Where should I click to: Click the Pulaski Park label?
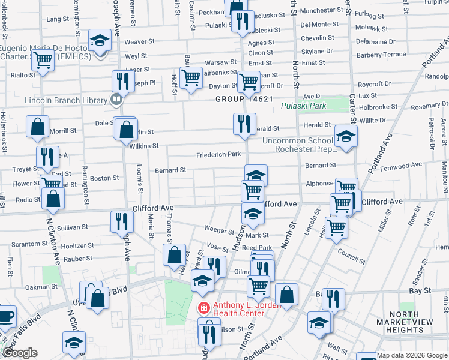[303, 106]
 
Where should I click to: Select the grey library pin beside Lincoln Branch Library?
[117, 99]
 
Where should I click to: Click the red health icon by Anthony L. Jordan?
[204, 308]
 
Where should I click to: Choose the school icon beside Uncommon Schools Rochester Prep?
[346, 137]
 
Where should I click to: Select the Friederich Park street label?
[218, 155]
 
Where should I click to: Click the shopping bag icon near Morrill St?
[38, 127]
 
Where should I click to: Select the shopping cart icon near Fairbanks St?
[191, 77]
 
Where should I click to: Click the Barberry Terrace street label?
[381, 55]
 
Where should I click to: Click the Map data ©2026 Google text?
[412, 355]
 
